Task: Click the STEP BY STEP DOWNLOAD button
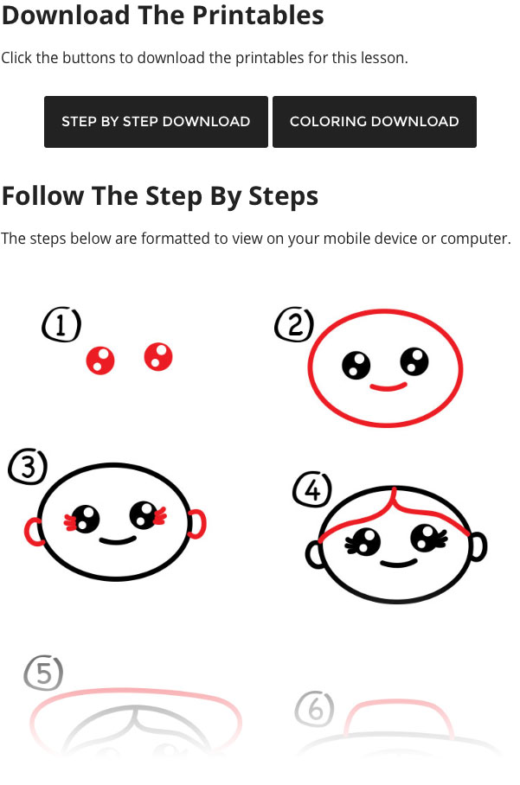click(156, 122)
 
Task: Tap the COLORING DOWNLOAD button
click(375, 122)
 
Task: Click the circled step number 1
click(61, 325)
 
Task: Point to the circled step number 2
click(294, 324)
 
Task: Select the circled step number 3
click(28, 467)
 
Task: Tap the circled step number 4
click(312, 489)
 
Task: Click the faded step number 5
click(43, 673)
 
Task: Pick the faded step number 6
click(315, 709)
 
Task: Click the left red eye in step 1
click(100, 360)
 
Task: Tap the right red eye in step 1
click(158, 357)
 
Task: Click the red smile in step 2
click(388, 387)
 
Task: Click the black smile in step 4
click(399, 563)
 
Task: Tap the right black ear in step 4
click(480, 546)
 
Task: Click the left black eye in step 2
click(356, 365)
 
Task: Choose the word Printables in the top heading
click(258, 15)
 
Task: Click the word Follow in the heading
click(43, 195)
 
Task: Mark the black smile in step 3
click(117, 540)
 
